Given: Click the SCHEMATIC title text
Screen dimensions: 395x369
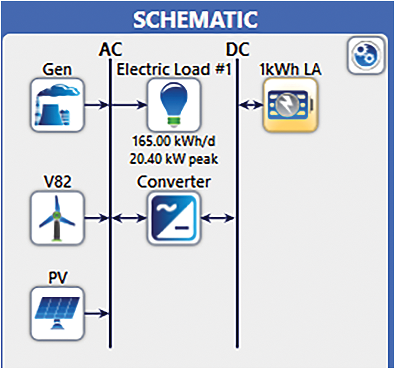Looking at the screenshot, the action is [195, 19].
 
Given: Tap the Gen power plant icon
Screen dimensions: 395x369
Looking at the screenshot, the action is [58, 105].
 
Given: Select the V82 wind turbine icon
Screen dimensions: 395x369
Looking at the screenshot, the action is [58, 218].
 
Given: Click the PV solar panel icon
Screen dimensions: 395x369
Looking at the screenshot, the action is [58, 314].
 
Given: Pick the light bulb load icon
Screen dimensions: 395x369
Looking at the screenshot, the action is [174, 105].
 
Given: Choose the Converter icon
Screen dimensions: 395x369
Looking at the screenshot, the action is [174, 218].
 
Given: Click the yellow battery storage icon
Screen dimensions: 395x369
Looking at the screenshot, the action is [291, 105].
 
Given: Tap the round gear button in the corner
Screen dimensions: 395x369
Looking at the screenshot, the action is [366, 55].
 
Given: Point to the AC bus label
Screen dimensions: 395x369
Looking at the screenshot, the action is [111, 49].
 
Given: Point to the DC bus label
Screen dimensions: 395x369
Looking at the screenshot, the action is [237, 49].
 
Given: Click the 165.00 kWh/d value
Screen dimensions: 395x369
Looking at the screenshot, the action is [174, 141].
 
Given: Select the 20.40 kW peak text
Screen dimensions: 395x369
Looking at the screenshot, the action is [174, 159].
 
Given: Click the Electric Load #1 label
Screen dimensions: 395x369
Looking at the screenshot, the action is [174, 69].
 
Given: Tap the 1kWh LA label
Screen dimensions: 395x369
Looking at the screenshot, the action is [290, 69].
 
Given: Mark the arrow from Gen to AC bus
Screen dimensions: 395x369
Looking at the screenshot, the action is [97, 104].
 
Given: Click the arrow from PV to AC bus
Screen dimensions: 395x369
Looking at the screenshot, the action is [97, 314].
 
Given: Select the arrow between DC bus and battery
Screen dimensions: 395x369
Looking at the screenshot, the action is [251, 104].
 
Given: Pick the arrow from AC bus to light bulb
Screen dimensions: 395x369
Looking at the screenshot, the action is [129, 104].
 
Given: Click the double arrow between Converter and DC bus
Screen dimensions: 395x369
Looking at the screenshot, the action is [217, 218].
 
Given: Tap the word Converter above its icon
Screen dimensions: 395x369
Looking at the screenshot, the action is [174, 181].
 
